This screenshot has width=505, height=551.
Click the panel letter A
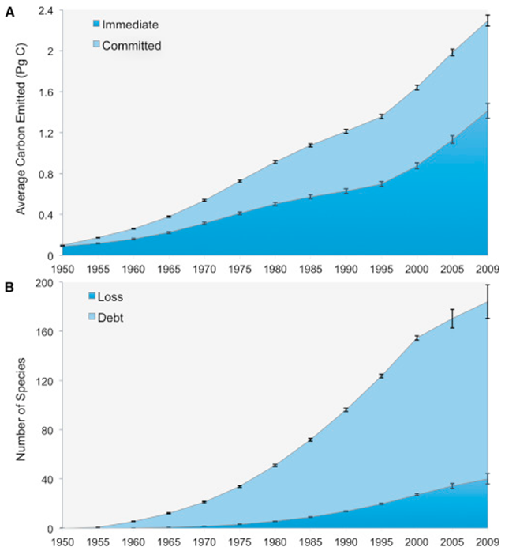(x=7, y=6)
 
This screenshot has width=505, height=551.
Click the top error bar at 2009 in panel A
(x=488, y=20)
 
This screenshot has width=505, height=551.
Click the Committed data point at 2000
(x=417, y=87)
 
